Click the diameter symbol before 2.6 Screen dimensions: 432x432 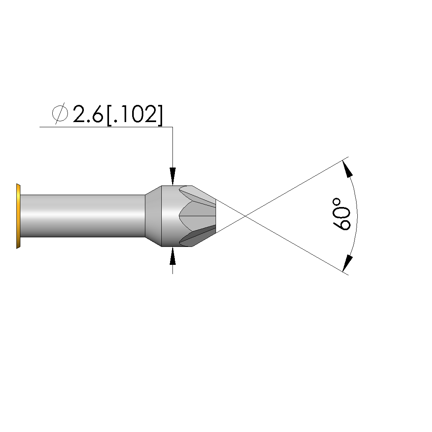point(60,113)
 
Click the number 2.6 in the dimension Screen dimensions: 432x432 point(88,114)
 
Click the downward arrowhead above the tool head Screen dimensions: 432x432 point(172,176)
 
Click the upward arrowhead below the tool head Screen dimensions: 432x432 point(172,256)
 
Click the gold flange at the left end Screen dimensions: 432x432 point(18,216)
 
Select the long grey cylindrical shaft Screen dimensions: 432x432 point(83,216)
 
